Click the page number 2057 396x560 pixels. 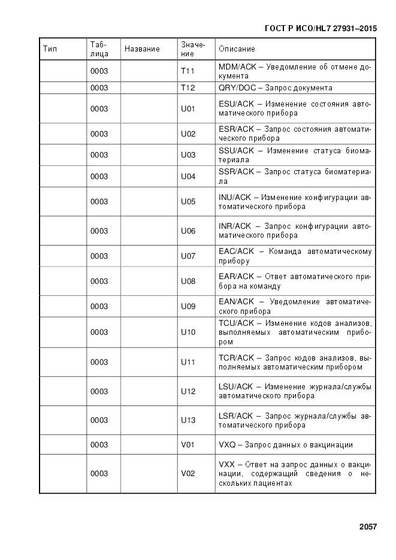coord(368,527)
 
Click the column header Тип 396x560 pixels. coord(50,49)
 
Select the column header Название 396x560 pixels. coord(142,49)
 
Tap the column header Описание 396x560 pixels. coord(237,49)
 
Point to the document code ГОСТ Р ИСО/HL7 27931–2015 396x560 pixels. coord(321,28)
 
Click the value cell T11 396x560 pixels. coord(188,71)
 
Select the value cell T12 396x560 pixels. coord(188,87)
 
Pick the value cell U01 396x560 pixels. coord(188,109)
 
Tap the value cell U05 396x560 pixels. coord(188,202)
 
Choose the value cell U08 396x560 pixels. coord(188,281)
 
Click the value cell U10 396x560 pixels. coord(188,332)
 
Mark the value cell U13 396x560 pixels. coord(188,420)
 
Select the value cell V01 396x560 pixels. coord(188,444)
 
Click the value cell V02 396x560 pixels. coord(188,473)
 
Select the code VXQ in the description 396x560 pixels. coord(226,444)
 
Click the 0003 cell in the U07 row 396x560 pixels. coord(99,256)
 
